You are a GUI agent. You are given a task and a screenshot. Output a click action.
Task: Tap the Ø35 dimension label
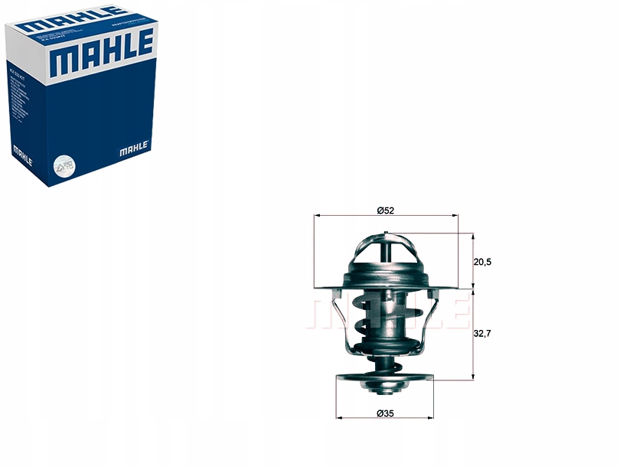click(x=385, y=414)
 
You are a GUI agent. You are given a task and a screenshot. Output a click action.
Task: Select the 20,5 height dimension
click(x=482, y=262)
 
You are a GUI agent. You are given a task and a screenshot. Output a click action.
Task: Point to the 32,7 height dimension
click(x=482, y=334)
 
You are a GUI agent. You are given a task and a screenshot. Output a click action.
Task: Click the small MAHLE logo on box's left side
click(x=21, y=158)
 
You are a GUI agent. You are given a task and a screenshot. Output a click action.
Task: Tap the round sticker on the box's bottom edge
click(x=63, y=165)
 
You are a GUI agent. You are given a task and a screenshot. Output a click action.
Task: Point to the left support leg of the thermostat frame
click(x=342, y=322)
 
